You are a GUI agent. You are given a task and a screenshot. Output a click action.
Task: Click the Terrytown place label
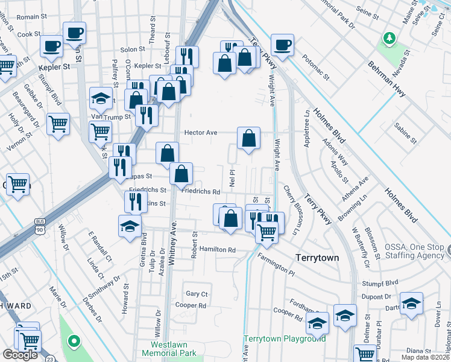click(317, 258)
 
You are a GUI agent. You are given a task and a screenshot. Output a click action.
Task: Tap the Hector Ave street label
click(200, 132)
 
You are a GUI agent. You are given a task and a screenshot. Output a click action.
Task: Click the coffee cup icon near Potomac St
click(282, 44)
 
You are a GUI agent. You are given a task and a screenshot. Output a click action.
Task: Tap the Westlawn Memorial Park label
click(169, 348)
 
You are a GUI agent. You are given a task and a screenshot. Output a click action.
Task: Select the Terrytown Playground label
click(285, 338)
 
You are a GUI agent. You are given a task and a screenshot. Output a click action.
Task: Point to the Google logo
click(20, 355)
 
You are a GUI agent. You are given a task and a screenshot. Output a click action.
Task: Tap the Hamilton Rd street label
click(218, 249)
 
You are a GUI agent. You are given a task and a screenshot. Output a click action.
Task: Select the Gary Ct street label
click(197, 294)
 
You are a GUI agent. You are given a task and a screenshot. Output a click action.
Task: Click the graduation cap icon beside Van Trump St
click(101, 98)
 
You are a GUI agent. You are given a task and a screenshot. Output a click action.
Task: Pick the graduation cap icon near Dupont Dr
click(411, 303)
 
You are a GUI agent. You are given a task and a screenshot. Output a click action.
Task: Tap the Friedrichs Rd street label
click(201, 192)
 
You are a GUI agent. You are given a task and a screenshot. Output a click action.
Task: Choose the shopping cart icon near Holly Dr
click(58, 124)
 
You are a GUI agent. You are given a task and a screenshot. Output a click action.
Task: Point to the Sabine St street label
click(405, 135)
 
